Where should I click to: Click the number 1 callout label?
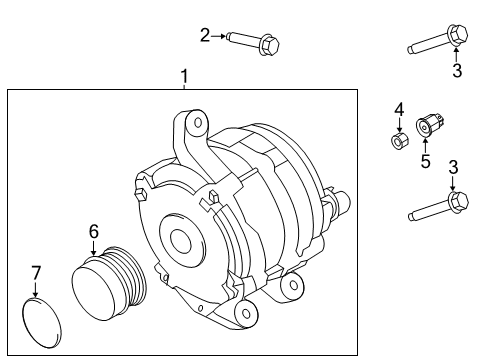183,76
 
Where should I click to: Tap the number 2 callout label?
205,36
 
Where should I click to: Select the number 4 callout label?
397,109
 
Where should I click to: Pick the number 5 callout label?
425,160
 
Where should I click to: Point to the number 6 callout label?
93,232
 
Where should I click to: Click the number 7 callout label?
36,272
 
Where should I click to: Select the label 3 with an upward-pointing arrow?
456,70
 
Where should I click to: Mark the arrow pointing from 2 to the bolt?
219,36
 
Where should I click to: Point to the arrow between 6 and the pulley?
93,246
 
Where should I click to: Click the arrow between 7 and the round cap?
36,287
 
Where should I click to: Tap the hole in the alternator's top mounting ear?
198,124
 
